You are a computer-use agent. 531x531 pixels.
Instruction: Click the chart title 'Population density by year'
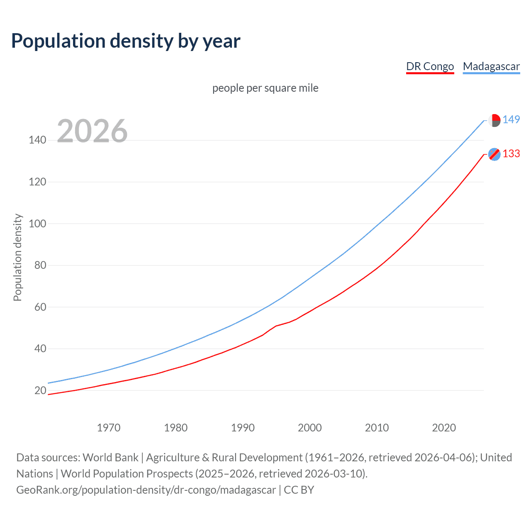[126, 41]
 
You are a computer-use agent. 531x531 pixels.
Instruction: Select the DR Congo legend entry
[430, 66]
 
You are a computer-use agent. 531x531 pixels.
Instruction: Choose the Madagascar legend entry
[491, 66]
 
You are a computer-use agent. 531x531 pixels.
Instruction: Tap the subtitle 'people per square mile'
[265, 88]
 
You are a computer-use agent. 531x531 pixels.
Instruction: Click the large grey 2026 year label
[92, 131]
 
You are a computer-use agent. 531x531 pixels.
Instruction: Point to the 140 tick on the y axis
[37, 140]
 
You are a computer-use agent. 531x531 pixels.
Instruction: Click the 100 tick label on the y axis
[37, 224]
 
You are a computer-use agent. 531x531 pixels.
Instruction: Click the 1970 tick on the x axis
[109, 428]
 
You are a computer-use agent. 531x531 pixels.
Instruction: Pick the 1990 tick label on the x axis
[243, 428]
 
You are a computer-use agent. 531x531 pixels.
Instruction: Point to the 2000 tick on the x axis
[310, 428]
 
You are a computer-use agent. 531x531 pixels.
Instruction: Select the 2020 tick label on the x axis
[444, 428]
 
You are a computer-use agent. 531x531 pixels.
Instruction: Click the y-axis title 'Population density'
[17, 257]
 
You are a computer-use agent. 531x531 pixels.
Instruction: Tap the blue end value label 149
[511, 119]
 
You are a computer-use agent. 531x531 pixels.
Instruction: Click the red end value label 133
[511, 154]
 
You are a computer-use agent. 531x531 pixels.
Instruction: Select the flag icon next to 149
[494, 120]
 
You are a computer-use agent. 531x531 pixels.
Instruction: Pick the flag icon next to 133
[494, 154]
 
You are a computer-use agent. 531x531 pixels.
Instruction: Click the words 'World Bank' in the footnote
[110, 458]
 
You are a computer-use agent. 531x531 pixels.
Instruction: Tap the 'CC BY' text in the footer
[299, 490]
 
